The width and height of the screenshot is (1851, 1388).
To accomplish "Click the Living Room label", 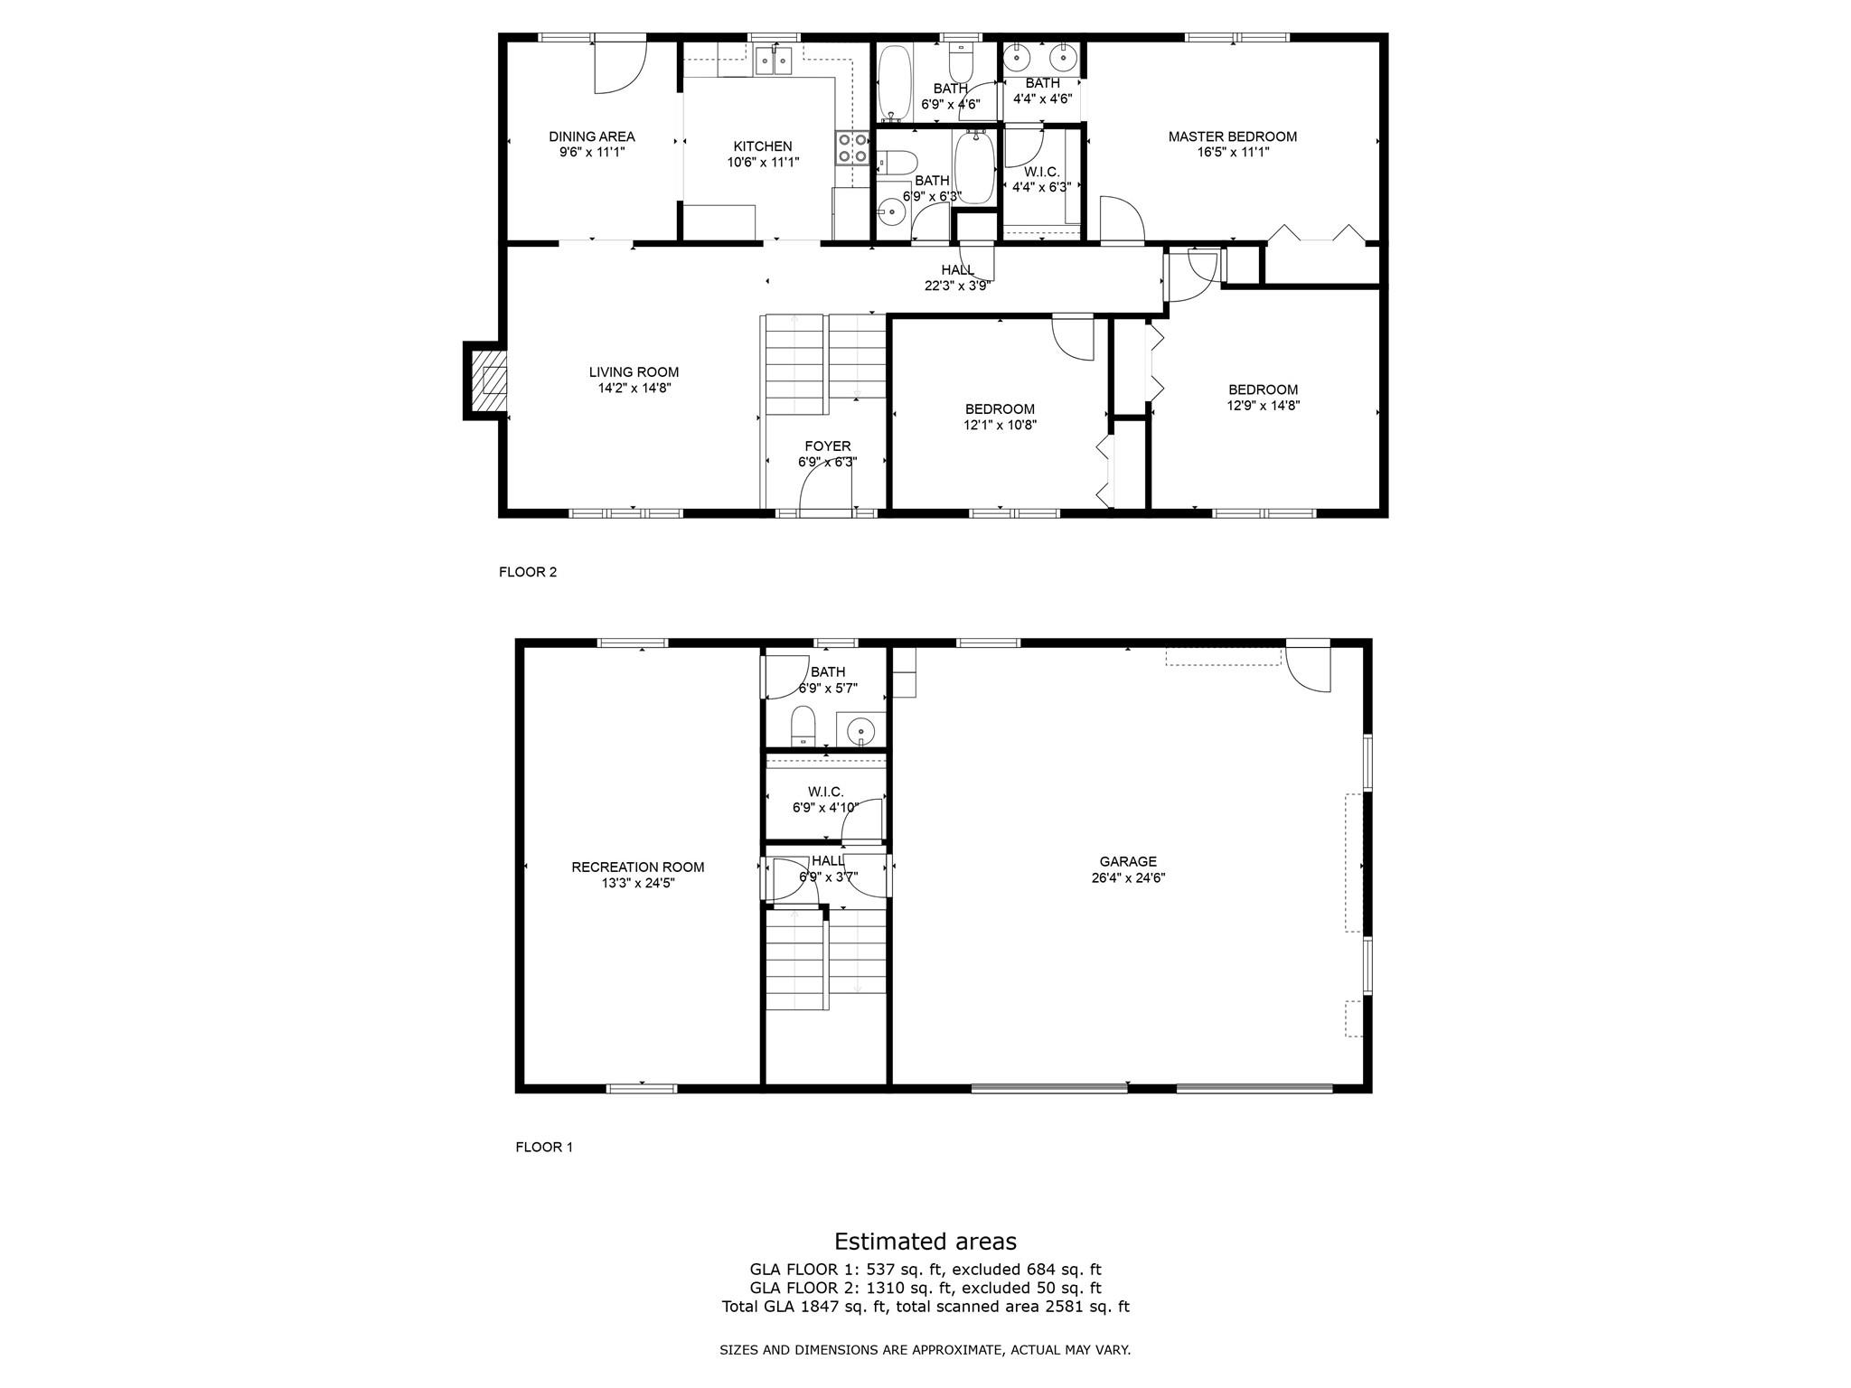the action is [x=634, y=371].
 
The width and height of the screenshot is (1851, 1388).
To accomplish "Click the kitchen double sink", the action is [x=775, y=60].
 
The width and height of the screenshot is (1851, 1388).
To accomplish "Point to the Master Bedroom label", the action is [x=1233, y=136].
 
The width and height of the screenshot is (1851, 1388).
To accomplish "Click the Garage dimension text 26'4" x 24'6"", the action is [x=1128, y=877].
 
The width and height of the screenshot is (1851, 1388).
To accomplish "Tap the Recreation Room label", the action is [x=638, y=867].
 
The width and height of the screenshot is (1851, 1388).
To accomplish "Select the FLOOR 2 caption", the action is [x=528, y=572].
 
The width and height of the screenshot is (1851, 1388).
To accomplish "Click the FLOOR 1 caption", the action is [x=544, y=1147].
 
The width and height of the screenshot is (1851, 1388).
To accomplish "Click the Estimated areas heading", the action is [x=925, y=1241].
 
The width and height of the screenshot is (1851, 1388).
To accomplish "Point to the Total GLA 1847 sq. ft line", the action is [x=925, y=1306].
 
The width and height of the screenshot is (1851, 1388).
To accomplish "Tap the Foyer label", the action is [x=828, y=446].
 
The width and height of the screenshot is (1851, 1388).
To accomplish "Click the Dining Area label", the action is [x=592, y=136].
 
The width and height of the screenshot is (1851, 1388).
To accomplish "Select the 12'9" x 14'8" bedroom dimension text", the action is [x=1264, y=406].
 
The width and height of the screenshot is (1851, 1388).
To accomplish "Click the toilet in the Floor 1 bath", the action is [x=803, y=727].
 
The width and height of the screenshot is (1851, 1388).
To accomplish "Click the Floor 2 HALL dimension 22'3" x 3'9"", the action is [x=958, y=286].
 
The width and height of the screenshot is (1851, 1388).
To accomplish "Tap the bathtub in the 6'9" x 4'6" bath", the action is [x=895, y=84].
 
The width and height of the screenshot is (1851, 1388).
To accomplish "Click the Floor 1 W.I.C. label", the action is [x=826, y=792].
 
